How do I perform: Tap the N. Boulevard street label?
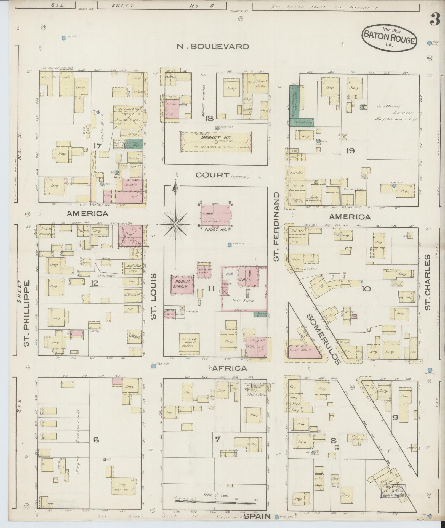click(x=213, y=46)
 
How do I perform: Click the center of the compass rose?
click(x=175, y=225)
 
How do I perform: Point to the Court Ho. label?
click(x=215, y=230)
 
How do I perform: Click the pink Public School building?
click(x=182, y=284)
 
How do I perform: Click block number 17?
click(x=97, y=146)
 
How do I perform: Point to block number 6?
click(x=96, y=440)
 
